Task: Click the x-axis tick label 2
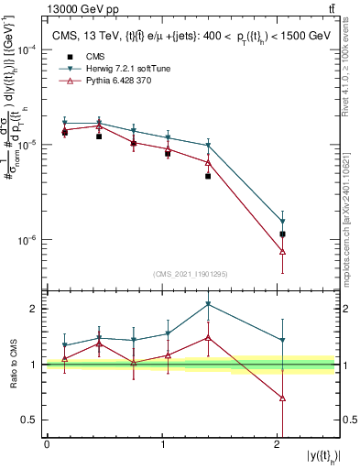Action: [278, 444]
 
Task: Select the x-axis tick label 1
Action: [162, 444]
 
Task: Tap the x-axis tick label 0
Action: [47, 444]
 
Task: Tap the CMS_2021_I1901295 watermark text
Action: [191, 274]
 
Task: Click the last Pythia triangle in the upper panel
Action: [282, 251]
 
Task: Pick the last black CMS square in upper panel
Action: [282, 234]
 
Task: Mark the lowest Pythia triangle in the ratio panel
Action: [282, 398]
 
